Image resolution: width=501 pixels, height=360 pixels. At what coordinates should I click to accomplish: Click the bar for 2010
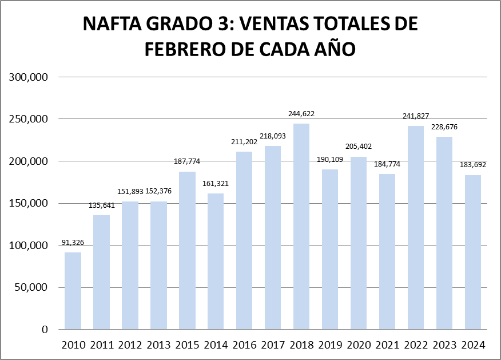coord(73,291)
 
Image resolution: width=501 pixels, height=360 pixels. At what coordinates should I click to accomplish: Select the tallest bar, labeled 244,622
coord(301,226)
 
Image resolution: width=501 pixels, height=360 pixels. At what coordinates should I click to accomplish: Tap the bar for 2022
coord(416,227)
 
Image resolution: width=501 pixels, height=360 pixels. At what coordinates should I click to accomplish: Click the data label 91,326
coord(73,243)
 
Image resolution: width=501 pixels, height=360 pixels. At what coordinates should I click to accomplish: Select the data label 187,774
coord(187,161)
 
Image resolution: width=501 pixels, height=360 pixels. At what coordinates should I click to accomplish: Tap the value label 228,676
coord(444,126)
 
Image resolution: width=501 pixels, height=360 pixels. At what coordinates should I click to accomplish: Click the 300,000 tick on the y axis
coord(29,77)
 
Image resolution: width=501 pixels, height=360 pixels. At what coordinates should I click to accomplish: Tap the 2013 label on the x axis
coord(158,345)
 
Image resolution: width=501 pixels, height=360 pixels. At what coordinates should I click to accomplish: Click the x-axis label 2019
coord(330,345)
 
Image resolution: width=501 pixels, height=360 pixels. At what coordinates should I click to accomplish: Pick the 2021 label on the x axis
coord(387,345)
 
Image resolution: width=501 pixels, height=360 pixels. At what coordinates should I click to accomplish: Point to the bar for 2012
coord(130,266)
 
